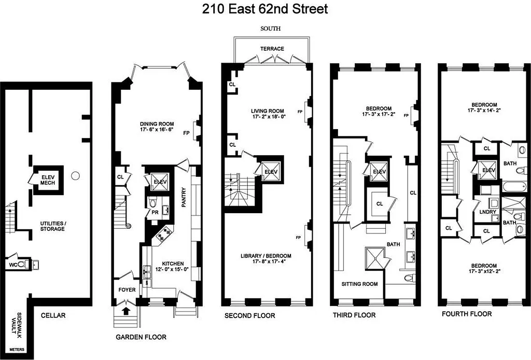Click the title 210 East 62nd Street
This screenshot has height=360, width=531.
pyautogui.click(x=265, y=9)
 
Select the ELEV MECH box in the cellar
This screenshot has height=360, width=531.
pyautogui.click(x=48, y=179)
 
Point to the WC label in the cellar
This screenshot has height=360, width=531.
pyautogui.click(x=13, y=265)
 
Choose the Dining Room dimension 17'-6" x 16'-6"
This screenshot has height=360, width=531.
pyautogui.click(x=157, y=130)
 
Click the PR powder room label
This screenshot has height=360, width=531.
pyautogui.click(x=155, y=212)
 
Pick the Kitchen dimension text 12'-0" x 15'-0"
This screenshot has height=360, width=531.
pyautogui.click(x=169, y=269)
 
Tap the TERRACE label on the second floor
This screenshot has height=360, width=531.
pyautogui.click(x=272, y=49)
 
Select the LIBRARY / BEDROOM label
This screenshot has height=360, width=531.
pyautogui.click(x=265, y=256)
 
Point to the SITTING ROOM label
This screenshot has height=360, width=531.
pyautogui.click(x=359, y=284)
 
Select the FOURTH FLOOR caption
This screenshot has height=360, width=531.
pyautogui.click(x=467, y=314)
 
